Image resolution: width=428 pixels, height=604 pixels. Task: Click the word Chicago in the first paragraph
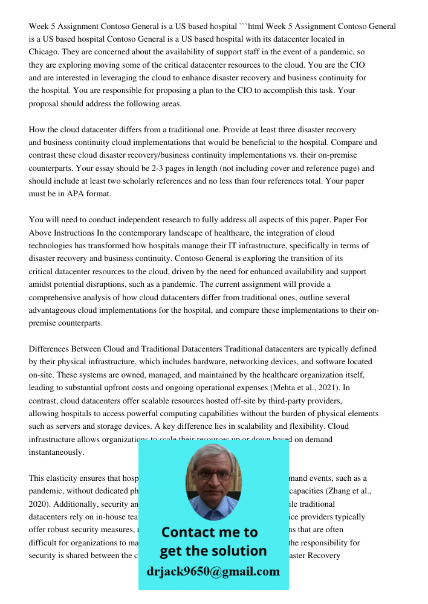[44, 53]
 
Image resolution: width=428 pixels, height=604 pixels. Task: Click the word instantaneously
[56, 452]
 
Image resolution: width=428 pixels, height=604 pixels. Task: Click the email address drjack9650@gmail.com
[213, 571]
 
